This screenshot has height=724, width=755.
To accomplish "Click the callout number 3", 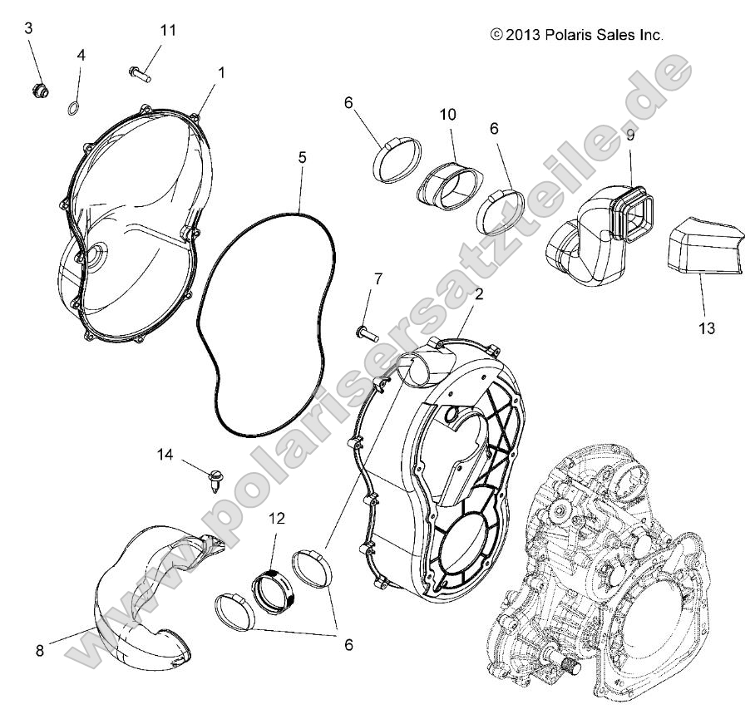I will [29, 28].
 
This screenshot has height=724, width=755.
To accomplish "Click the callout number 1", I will [221, 72].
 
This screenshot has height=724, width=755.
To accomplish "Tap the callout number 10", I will [448, 115].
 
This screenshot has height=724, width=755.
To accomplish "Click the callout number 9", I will [631, 134].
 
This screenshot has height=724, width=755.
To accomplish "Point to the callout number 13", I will [706, 328].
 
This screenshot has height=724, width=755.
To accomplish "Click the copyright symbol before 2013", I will [496, 35].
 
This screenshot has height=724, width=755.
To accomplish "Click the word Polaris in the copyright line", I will [569, 35].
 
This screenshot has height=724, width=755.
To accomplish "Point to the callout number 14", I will [165, 454].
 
